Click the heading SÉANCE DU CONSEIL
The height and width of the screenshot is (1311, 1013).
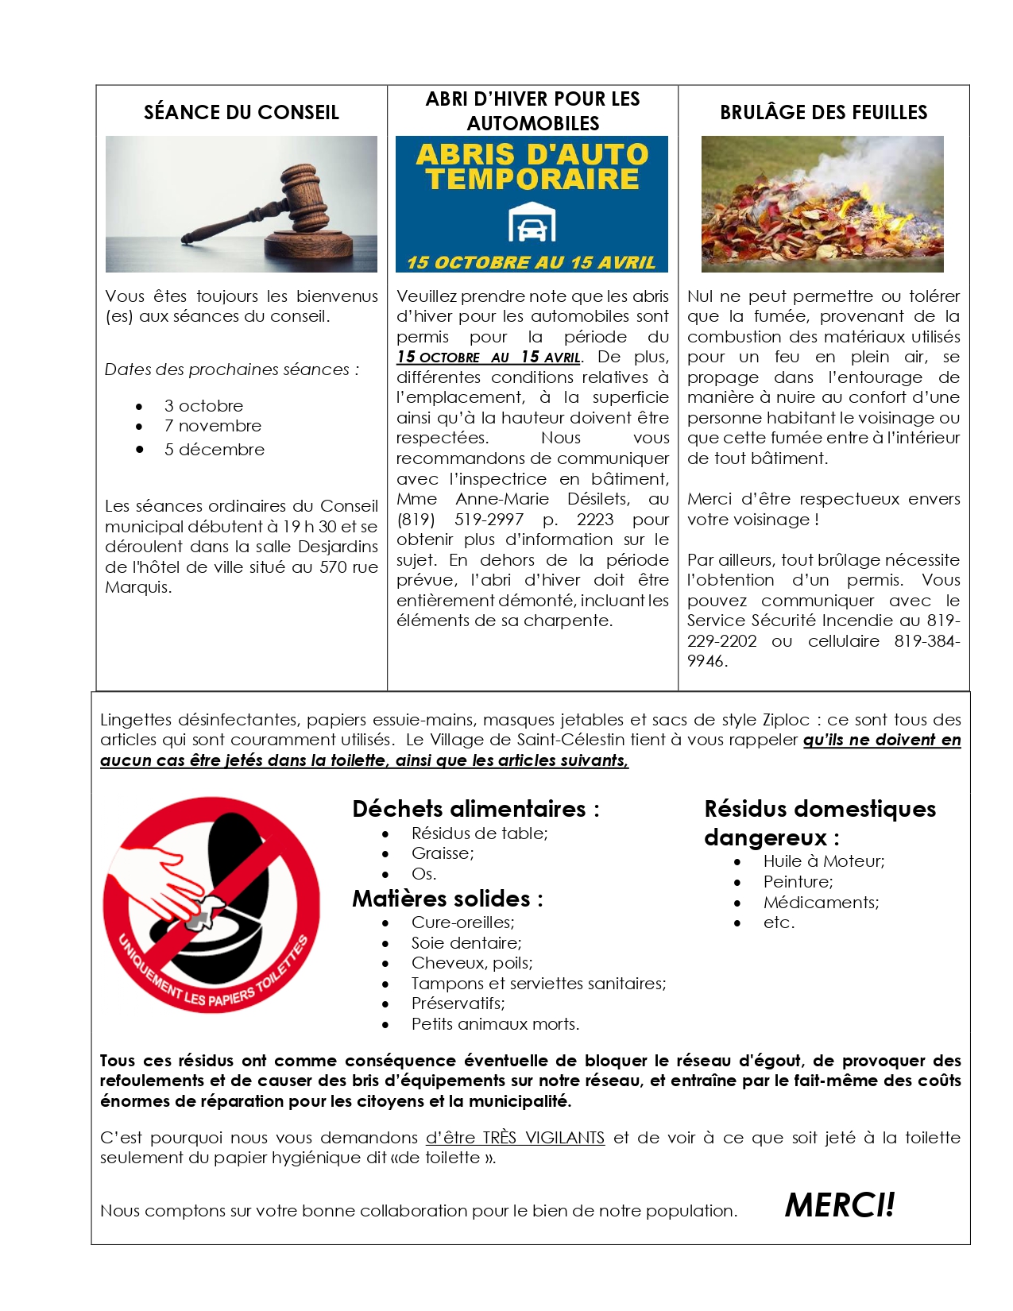point(241,112)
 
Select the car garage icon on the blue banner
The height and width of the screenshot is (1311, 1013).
point(532,222)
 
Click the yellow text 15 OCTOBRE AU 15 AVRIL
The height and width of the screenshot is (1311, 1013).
point(531,262)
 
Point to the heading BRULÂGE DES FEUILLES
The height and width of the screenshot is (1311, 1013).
point(823,112)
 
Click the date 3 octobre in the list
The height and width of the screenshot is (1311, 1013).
point(203,405)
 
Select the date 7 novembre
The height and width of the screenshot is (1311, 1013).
point(212,426)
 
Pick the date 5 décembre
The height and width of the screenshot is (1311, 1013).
point(214,450)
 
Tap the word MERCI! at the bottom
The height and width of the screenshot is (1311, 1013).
point(839,1205)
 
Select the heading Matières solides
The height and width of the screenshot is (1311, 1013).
point(447,899)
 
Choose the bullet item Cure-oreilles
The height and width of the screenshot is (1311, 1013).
point(462,922)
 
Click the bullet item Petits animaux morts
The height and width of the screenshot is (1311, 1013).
point(495,1024)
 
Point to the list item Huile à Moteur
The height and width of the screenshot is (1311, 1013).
point(823,861)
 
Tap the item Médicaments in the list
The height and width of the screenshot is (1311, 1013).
point(821,903)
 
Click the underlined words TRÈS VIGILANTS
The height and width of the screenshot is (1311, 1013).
point(543,1138)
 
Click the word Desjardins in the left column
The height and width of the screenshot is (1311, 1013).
point(338,547)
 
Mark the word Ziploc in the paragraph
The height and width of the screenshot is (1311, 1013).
point(785,720)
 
